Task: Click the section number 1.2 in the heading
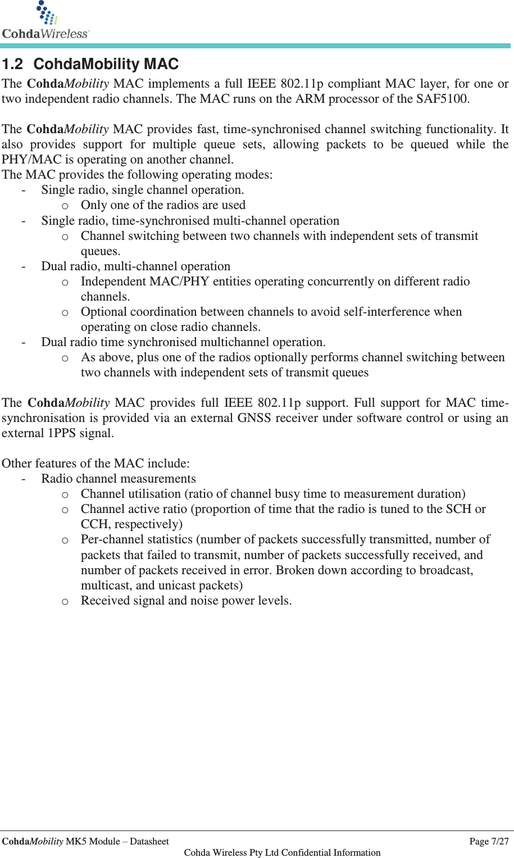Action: pos(12,64)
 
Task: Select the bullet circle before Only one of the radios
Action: pos(65,206)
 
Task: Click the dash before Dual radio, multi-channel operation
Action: pos(23,266)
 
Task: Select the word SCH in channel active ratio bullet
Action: pos(458,509)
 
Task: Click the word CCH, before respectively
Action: pos(95,524)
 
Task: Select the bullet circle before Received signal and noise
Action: pos(65,601)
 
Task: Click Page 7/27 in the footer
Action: pos(488,841)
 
